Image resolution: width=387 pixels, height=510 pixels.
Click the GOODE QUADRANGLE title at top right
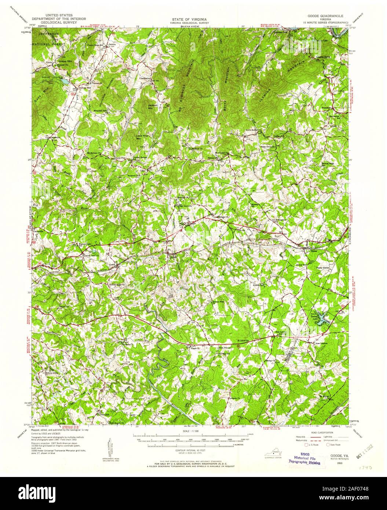click(324, 17)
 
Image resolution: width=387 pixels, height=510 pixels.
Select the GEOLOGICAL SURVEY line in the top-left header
click(59, 22)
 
